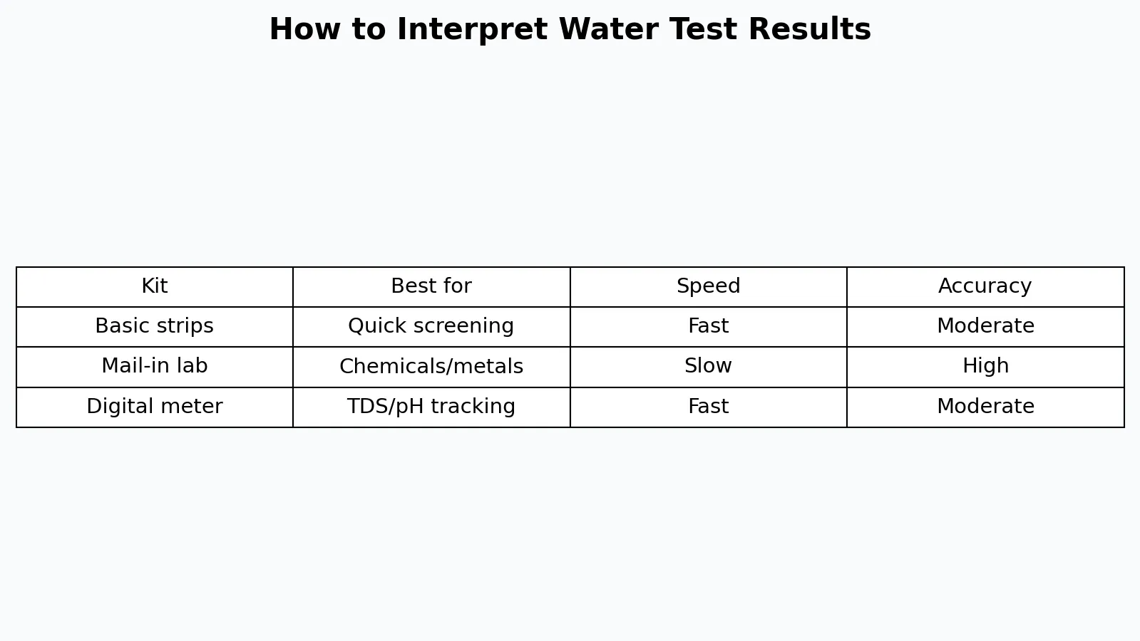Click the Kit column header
[x=154, y=286]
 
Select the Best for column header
[x=431, y=286]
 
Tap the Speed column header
[x=708, y=287]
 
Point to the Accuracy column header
[x=985, y=287]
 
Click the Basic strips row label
[x=154, y=326]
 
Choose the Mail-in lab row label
[x=154, y=366]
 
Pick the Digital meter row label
[x=154, y=407]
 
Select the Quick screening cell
[x=431, y=326]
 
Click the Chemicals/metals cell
[x=431, y=367]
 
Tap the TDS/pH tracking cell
[x=431, y=407]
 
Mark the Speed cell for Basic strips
[x=708, y=325]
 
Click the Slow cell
[x=708, y=366]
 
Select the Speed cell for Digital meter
[x=708, y=407]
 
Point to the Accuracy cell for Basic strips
[x=985, y=325]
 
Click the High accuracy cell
[x=985, y=367]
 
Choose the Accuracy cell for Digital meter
[x=985, y=407]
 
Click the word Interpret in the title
[x=472, y=30]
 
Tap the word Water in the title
[x=609, y=29]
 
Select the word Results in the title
[x=810, y=29]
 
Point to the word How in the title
[x=305, y=29]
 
